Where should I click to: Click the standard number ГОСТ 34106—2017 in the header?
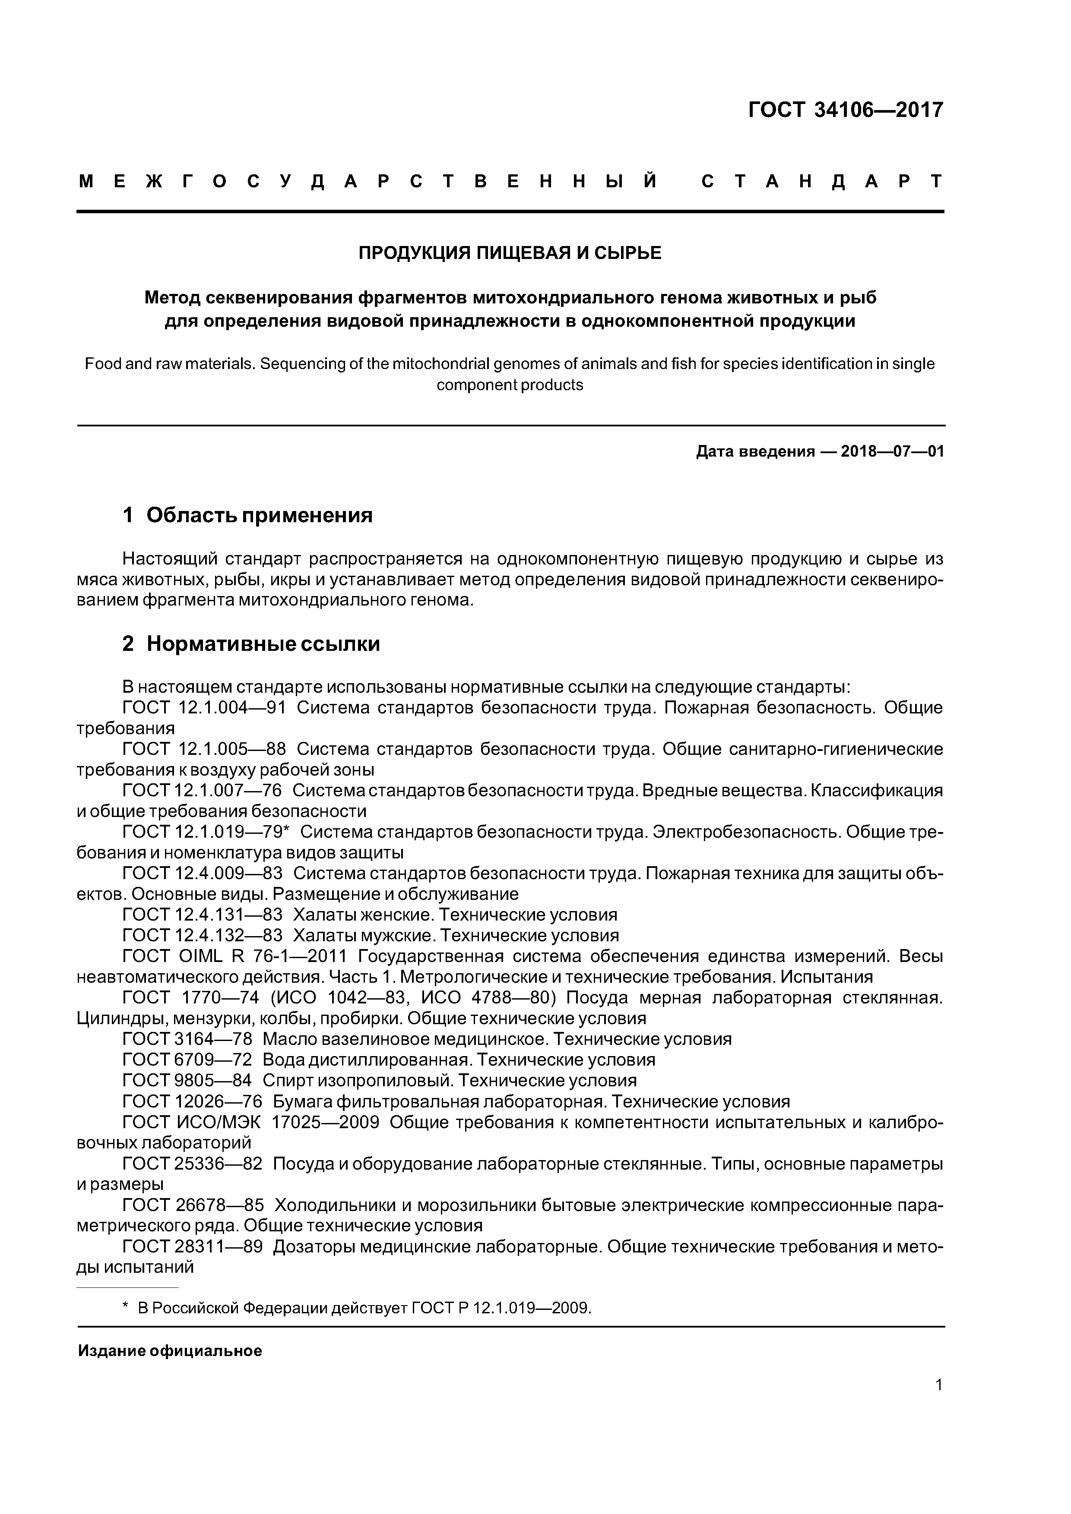pos(846,110)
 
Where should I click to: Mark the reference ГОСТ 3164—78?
pos(187,1040)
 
